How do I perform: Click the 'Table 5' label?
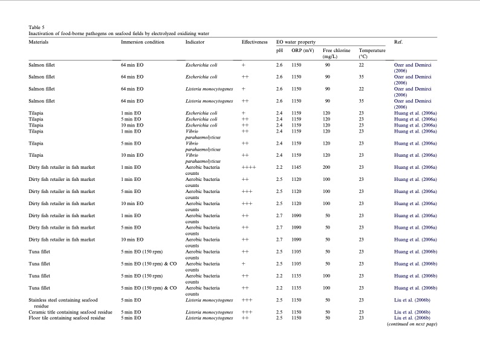coord(37,27)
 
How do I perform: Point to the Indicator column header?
coord(196,42)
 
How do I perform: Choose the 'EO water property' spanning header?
coord(297,42)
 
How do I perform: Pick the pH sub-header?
coord(279,50)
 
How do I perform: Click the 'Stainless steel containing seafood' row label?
coord(63,299)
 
